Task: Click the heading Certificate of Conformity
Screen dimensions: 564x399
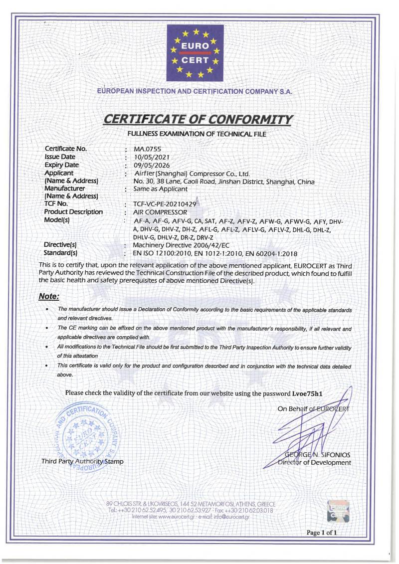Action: click(x=198, y=120)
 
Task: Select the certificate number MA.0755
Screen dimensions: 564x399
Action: click(x=147, y=149)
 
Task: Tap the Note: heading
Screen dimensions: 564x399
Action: click(x=49, y=296)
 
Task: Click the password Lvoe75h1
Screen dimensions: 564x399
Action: click(x=307, y=393)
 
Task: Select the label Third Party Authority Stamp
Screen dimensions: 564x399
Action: click(x=82, y=462)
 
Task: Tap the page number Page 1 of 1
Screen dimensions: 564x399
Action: click(x=322, y=533)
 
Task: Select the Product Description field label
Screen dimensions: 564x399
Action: click(x=73, y=212)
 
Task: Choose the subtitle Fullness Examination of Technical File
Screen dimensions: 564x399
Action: click(x=197, y=134)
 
